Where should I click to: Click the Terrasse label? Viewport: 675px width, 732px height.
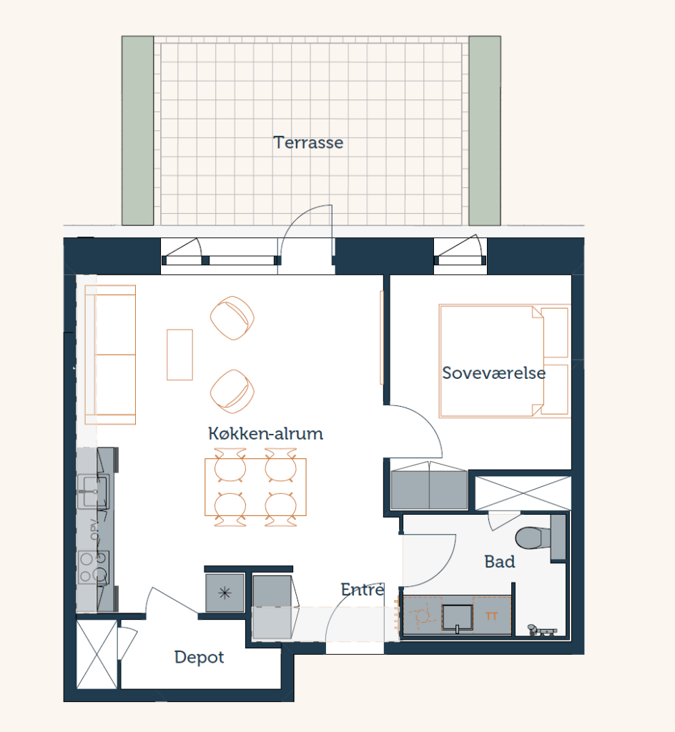tap(308, 142)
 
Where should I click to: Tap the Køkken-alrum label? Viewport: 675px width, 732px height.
tap(265, 433)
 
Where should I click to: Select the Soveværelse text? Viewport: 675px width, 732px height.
tap(494, 373)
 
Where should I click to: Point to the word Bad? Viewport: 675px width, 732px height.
tap(500, 562)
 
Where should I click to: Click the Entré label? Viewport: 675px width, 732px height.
tap(363, 589)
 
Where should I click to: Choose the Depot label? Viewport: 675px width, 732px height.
tap(199, 658)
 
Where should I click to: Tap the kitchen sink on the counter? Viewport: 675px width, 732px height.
tap(94, 492)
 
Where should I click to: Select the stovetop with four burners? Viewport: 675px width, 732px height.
tap(94, 567)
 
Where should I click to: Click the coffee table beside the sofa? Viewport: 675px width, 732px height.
tap(179, 355)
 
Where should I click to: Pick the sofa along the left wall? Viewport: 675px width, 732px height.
tap(110, 355)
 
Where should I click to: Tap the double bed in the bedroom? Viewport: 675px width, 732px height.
tap(504, 361)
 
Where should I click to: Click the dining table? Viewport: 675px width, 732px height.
tap(255, 487)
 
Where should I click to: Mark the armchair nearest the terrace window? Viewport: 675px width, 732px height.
tap(232, 317)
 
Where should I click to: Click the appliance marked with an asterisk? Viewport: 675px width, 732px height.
tap(225, 593)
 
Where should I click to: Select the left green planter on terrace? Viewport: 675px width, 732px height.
tap(138, 131)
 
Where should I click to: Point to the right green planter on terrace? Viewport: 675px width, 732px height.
tap(485, 131)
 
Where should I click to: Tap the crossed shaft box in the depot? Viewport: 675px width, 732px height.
tap(97, 654)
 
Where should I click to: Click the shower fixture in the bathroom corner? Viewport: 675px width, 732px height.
tap(541, 630)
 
